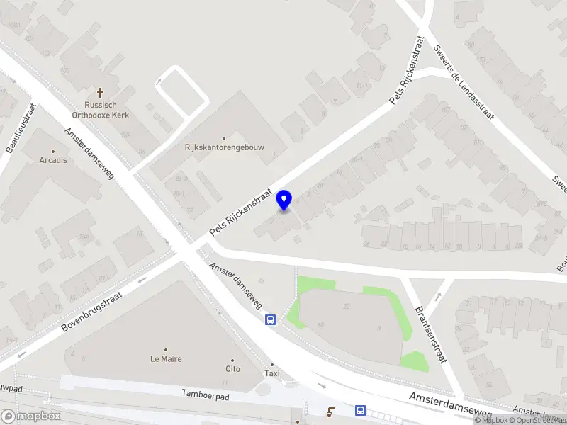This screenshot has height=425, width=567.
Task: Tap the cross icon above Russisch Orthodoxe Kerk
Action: click(x=100, y=93)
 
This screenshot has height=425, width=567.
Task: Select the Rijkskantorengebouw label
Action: click(x=224, y=148)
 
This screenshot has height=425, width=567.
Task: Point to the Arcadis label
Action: click(x=53, y=160)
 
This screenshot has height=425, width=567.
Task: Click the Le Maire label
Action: click(x=166, y=358)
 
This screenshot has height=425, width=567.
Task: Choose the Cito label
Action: click(x=233, y=368)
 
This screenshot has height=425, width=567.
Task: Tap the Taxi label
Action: click(x=271, y=373)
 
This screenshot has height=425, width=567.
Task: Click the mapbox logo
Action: click(x=31, y=416)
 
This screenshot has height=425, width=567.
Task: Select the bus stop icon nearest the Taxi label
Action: click(x=271, y=319)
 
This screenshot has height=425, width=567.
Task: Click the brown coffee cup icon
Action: click(x=330, y=411)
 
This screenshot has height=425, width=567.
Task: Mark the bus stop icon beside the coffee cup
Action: click(x=360, y=411)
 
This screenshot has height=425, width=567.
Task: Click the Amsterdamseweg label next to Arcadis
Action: click(x=89, y=153)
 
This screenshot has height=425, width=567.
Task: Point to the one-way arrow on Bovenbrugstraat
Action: click(x=142, y=278)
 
